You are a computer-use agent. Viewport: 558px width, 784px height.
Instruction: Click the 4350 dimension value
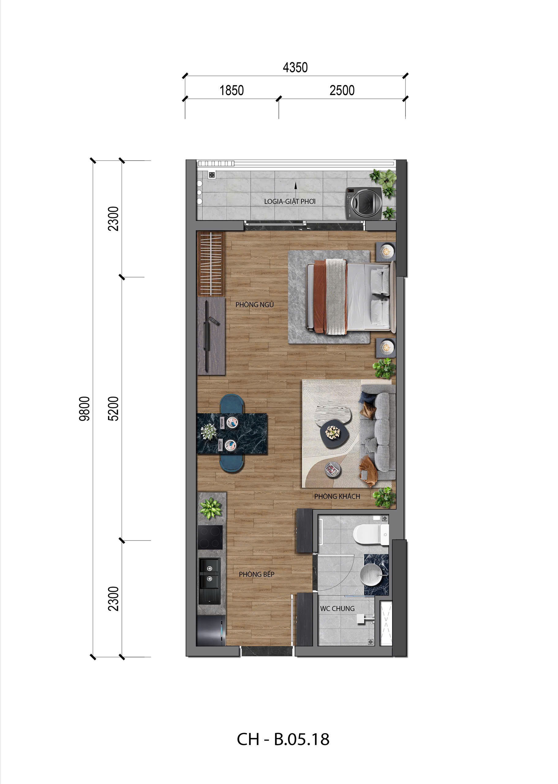(295, 67)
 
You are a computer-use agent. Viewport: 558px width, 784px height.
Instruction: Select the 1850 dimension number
(232, 90)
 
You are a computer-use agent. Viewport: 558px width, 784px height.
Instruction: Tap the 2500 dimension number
(342, 90)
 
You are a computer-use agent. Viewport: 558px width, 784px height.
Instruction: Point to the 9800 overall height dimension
(85, 409)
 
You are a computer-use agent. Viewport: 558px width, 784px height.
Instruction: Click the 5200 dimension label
(113, 409)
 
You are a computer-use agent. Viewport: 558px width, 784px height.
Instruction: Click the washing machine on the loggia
(364, 203)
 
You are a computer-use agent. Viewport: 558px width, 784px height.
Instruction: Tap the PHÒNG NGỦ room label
(254, 304)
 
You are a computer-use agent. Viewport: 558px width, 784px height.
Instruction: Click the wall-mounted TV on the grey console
(206, 336)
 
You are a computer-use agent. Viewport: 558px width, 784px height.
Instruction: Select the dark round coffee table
(334, 434)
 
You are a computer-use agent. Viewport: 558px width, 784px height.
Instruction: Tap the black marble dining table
(232, 434)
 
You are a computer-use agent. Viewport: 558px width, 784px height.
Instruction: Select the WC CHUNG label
(337, 609)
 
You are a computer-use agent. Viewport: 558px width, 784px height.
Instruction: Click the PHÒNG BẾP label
(256, 574)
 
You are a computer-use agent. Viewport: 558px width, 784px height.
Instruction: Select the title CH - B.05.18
(283, 739)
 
